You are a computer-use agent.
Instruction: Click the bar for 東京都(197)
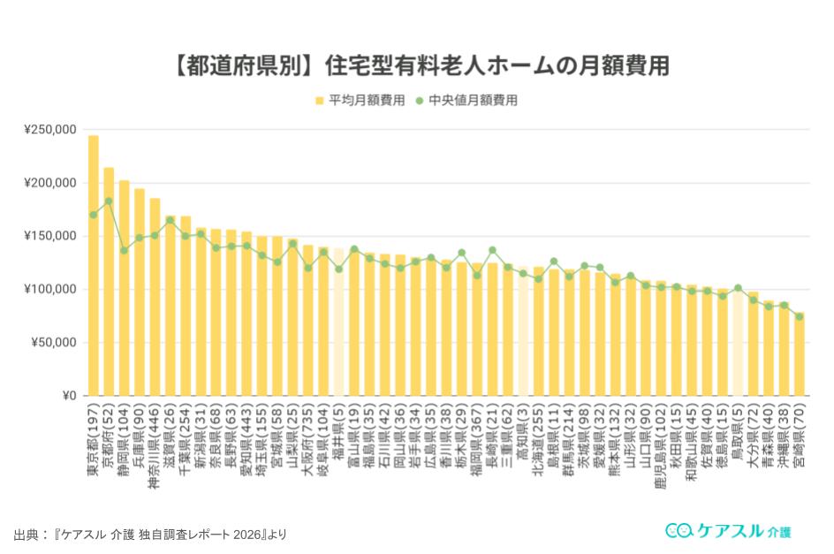tap(94, 265)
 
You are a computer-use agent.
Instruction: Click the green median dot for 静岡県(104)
tap(124, 250)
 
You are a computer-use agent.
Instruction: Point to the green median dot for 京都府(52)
tap(109, 201)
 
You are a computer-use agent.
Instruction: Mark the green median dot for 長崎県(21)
tap(492, 250)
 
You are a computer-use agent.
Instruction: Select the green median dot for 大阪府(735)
tap(308, 268)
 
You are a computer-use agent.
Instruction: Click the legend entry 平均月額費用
tap(360, 101)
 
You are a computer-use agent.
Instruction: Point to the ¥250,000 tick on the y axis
tap(50, 130)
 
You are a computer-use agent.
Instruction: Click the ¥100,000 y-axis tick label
tap(50, 289)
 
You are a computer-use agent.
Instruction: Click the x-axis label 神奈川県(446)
tap(155, 442)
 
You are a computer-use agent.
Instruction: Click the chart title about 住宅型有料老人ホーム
tap(417, 66)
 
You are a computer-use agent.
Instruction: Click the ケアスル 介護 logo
tap(728, 530)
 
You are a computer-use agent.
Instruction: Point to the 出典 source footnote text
tap(150, 535)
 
